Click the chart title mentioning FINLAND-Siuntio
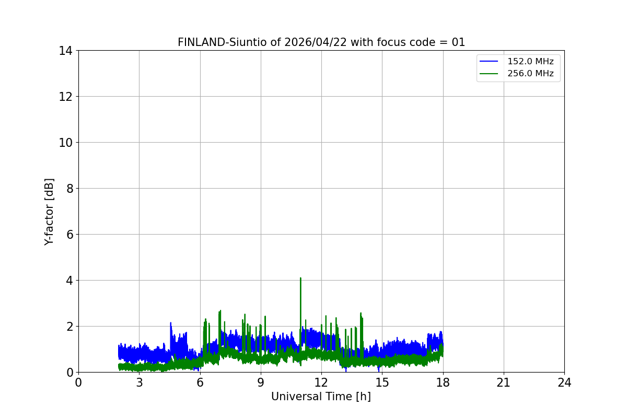(321, 42)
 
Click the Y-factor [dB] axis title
(49, 212)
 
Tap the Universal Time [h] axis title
(321, 397)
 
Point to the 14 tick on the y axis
(66, 51)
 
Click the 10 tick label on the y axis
(66, 143)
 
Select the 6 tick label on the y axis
(69, 235)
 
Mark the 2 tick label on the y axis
(69, 327)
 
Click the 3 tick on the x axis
(139, 382)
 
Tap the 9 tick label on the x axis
(261, 382)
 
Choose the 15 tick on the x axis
(382, 382)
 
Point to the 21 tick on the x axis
(504, 382)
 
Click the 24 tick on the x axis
(564, 382)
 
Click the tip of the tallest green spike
(300, 278)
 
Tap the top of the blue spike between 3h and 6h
(170, 323)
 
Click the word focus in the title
(380, 42)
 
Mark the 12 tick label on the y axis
(66, 97)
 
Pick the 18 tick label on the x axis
(443, 382)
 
